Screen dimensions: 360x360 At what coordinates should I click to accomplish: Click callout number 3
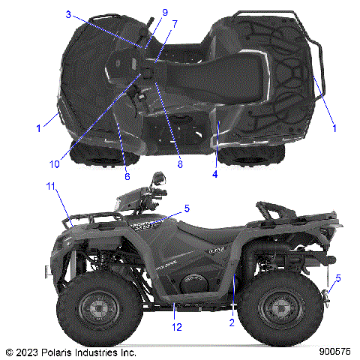tap(67, 14)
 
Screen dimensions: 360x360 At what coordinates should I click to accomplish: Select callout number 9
tap(164, 12)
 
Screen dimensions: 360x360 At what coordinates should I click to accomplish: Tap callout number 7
tap(174, 23)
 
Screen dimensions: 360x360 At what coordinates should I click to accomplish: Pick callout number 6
tap(127, 176)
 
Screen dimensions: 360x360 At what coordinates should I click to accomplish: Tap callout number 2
tap(232, 322)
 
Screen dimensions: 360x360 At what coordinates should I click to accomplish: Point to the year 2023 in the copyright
tap(25, 351)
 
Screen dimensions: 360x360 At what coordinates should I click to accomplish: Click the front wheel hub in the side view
tap(98, 307)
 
